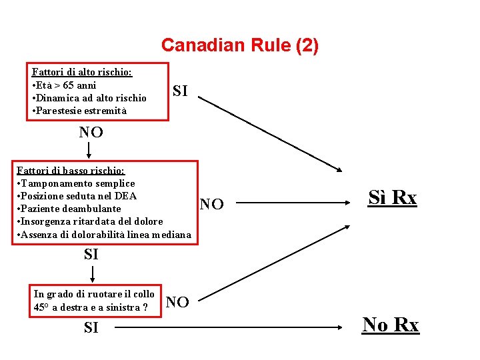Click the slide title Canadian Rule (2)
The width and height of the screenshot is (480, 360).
tap(240, 45)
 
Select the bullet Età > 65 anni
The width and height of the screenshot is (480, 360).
tap(65, 85)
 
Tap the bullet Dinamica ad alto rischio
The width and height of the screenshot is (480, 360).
tap(89, 98)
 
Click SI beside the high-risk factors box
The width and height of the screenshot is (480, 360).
tap(180, 91)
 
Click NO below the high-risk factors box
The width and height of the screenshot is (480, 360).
tap(91, 132)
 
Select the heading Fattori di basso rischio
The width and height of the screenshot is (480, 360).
tap(70, 170)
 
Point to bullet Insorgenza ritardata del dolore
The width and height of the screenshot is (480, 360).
tap(89, 221)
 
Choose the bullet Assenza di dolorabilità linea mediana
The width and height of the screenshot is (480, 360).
tap(103, 235)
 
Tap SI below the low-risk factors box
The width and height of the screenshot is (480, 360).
tap(91, 254)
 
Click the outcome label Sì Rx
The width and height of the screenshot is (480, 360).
tap(393, 198)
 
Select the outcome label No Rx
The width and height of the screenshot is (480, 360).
tap(391, 325)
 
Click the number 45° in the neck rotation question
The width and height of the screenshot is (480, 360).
tap(41, 307)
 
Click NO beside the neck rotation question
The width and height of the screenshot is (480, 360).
tap(177, 302)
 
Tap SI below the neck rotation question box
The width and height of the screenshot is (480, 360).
tap(91, 327)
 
